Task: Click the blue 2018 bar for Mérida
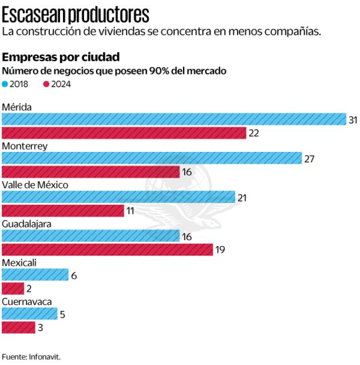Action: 174,119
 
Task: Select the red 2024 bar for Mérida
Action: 124,133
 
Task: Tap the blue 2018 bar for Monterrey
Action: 152,158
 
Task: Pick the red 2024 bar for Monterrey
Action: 91,172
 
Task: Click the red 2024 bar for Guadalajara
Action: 107,250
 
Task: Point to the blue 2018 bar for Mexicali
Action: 35,274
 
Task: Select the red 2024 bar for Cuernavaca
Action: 18,327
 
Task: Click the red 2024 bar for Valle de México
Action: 63,211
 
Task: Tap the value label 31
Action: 353,120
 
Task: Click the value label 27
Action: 309,158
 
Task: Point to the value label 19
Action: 220,250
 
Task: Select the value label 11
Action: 131,211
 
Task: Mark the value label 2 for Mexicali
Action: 29,288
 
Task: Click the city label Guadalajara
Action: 26,224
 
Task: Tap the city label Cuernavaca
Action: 26,301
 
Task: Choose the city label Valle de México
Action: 35,185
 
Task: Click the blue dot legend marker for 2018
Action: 5,84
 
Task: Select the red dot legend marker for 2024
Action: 46,84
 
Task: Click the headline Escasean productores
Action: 75,14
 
